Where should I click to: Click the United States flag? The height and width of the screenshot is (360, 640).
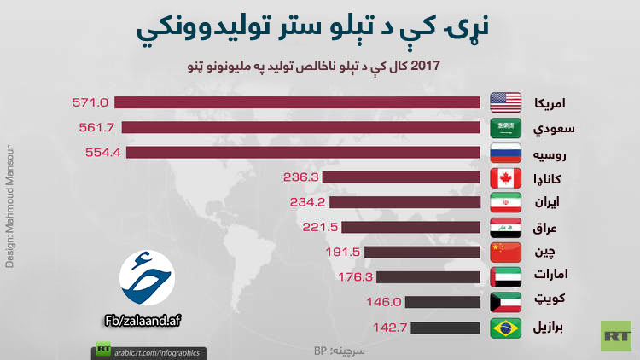(505, 103)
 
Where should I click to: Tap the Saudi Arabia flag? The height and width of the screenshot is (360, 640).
(505, 128)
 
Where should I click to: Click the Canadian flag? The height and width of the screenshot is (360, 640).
(505, 177)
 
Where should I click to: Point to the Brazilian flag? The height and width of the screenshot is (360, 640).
(505, 327)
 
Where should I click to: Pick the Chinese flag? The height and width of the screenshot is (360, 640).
(505, 252)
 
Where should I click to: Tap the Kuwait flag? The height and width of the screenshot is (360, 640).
(505, 302)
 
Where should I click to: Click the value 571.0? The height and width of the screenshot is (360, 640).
(91, 102)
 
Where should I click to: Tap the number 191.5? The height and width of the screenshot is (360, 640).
(344, 252)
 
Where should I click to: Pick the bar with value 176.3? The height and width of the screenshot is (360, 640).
(427, 276)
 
